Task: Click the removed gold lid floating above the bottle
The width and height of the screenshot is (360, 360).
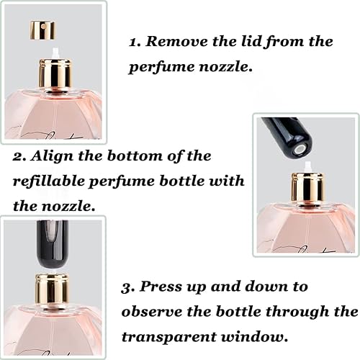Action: pos(42,30)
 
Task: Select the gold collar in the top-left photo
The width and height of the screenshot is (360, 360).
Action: pos(54,74)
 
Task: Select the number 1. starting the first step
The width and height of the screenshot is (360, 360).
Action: pos(135,42)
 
